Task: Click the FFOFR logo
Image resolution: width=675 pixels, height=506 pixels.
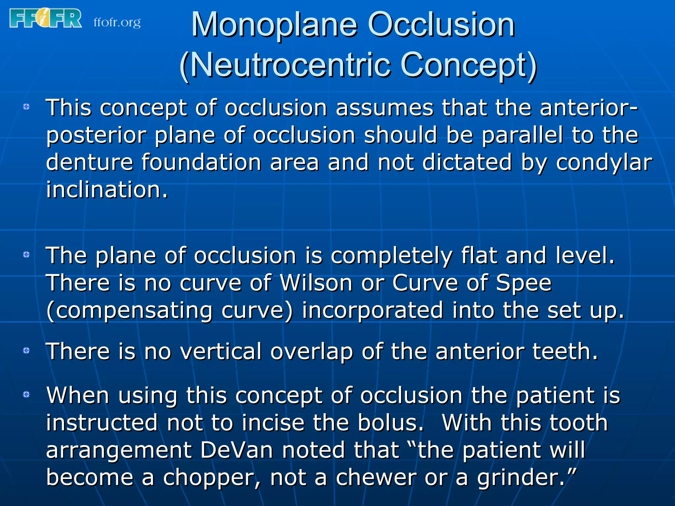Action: coord(45,18)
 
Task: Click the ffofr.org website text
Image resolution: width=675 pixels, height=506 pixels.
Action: coord(117,23)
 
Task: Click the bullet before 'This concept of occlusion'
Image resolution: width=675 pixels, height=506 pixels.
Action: coord(26,107)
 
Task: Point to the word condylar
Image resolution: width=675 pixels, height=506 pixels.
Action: coord(604,163)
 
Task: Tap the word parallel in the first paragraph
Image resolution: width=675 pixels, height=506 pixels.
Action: coord(522,135)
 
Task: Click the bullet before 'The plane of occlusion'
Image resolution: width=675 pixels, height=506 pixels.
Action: coord(26,255)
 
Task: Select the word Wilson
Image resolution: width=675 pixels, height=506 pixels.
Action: coord(316,283)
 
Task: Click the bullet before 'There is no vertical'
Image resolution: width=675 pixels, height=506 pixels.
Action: coord(26,351)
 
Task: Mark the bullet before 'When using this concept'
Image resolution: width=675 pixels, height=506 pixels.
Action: coord(26,394)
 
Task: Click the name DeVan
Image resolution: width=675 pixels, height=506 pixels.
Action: coord(237,450)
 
